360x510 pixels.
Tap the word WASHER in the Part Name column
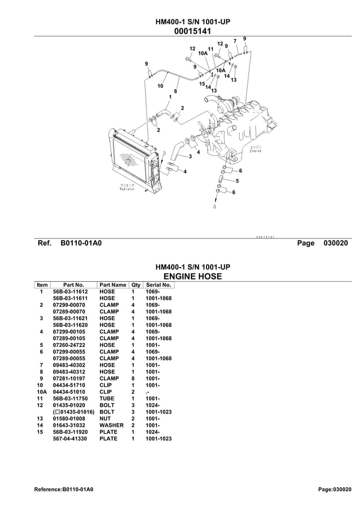[x=111, y=425]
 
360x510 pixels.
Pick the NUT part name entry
[x=105, y=419]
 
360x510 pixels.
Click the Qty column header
[x=135, y=285]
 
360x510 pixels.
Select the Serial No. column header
[x=158, y=285]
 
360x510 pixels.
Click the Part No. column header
[x=73, y=285]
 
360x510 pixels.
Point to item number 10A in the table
[x=41, y=392]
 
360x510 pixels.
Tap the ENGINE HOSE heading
[x=192, y=276]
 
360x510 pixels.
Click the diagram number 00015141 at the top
[x=192, y=31]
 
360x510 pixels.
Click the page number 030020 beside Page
[x=336, y=243]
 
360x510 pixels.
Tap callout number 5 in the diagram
[x=237, y=181]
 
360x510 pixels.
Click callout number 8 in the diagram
[x=175, y=91]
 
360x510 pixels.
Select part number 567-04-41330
[x=69, y=439]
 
